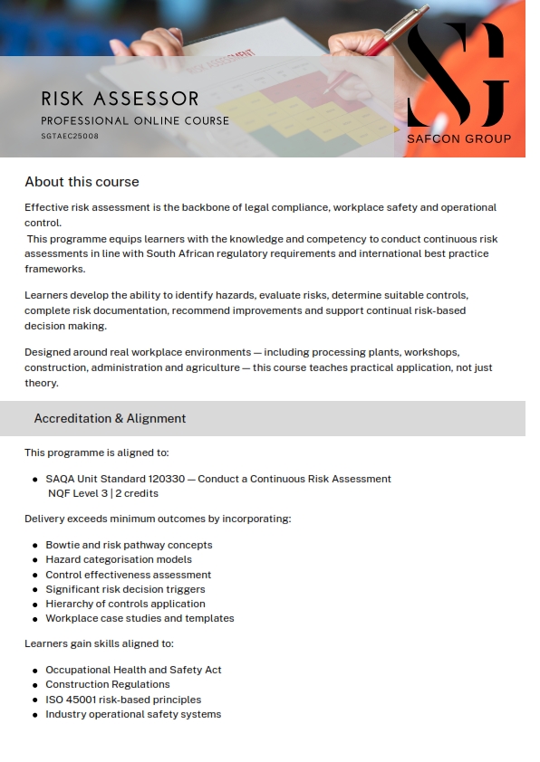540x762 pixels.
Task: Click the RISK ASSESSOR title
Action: [x=120, y=99]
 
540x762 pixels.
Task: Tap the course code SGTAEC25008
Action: [x=70, y=136]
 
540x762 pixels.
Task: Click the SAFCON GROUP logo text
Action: [x=458, y=138]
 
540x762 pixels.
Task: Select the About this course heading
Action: [x=82, y=182]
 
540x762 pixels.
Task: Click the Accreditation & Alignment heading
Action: [x=110, y=418]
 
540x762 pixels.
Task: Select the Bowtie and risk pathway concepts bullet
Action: [x=129, y=545]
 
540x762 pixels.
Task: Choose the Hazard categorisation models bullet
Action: [x=119, y=559]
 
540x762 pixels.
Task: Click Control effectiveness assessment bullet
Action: [x=128, y=575]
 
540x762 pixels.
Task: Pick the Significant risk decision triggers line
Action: [x=125, y=589]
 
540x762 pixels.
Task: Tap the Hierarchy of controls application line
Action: [x=125, y=604]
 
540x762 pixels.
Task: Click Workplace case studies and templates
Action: [x=140, y=618]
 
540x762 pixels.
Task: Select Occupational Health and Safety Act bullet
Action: [x=133, y=670]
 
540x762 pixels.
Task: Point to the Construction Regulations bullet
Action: [x=107, y=684]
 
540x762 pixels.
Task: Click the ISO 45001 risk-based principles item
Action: [x=123, y=700]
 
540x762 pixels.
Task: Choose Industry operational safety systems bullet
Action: [x=133, y=714]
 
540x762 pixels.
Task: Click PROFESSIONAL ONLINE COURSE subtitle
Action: [x=135, y=120]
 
